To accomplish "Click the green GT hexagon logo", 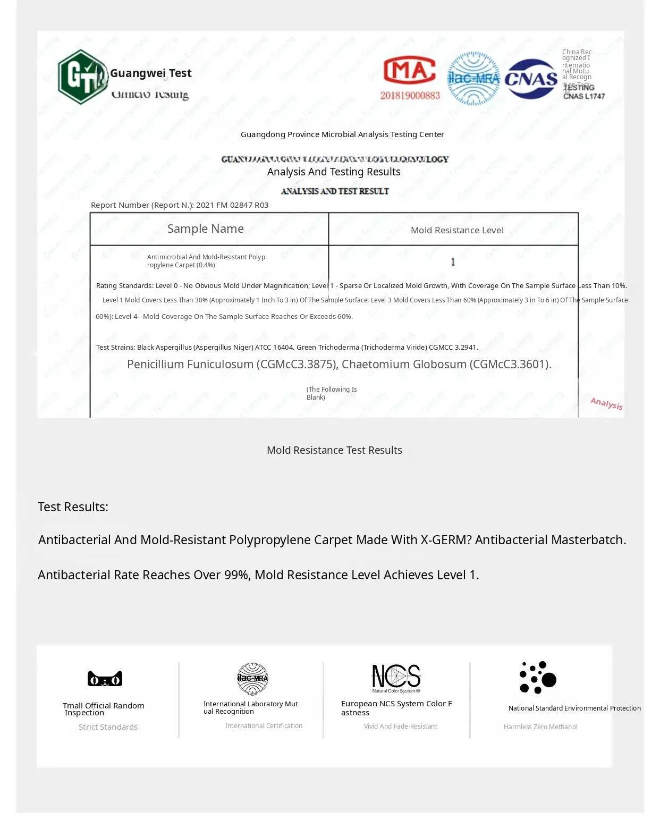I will coord(82,77).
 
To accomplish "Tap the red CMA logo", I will coord(409,71).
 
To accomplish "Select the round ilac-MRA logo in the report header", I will coord(473,79).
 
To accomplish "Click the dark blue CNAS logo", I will coord(531,79).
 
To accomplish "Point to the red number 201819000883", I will coord(410,96).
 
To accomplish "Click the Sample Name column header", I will coord(206,229).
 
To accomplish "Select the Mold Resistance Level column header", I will coord(457,230).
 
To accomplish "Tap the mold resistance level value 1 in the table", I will coord(453,261).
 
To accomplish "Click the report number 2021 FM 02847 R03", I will coord(232,205).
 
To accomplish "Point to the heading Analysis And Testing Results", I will coord(334,172).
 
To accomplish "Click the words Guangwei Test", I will coord(151,73).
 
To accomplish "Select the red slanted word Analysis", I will coord(606,403).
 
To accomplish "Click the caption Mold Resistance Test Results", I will coord(334,450).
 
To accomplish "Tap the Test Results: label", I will coord(73,507).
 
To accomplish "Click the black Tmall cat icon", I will coord(105,679).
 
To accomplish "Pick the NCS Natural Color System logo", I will coord(396,678).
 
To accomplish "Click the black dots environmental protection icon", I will coord(537,678).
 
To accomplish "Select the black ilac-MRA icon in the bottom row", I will coord(252,679).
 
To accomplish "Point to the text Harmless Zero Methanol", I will coord(540,727).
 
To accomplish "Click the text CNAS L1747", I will coord(584,96).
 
